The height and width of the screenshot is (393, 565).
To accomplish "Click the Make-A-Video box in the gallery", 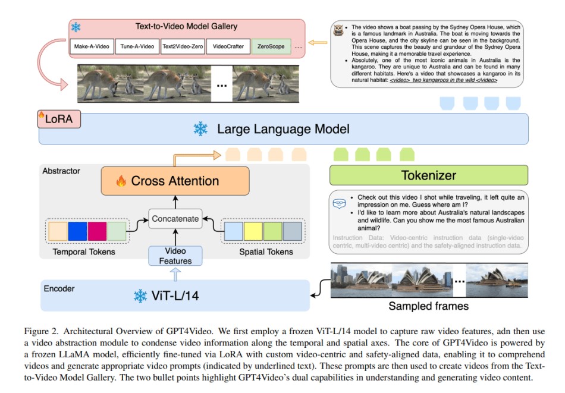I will coord(91,46).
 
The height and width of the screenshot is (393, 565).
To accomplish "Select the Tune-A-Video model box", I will coord(137,46).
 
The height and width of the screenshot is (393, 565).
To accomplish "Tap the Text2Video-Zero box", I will coord(182,46).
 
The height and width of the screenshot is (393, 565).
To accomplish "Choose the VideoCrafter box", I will coord(228,46).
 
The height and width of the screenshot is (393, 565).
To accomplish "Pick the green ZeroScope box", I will coord(271,46).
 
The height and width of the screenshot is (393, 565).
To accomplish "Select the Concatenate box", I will coord(175,218).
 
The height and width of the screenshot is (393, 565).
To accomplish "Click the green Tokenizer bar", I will coord(429,175).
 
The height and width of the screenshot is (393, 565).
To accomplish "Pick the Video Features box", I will coord(175,256).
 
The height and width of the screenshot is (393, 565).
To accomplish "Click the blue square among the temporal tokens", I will coord(78,231).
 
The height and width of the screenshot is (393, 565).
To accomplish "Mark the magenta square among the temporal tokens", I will coord(98,231).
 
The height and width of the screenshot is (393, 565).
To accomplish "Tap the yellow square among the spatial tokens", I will coord(254,231).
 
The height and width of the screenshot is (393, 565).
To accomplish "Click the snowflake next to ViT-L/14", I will coord(140,295).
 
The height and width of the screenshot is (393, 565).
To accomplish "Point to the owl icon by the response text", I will coord(340,32).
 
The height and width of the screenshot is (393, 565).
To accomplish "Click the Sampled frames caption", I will coord(428,307).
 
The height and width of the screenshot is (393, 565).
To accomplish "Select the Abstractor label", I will coord(61,171).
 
